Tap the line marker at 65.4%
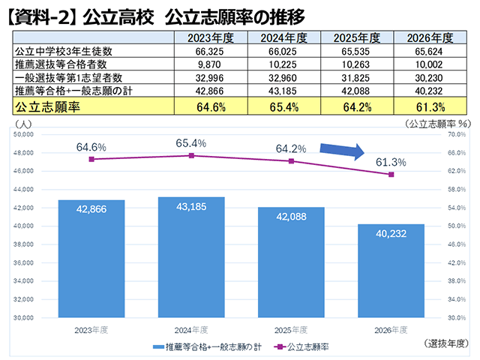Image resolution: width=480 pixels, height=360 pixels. tap(191, 155)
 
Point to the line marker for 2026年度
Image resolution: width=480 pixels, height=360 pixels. tap(391, 175)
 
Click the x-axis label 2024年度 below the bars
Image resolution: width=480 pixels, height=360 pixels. tap(191, 330)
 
